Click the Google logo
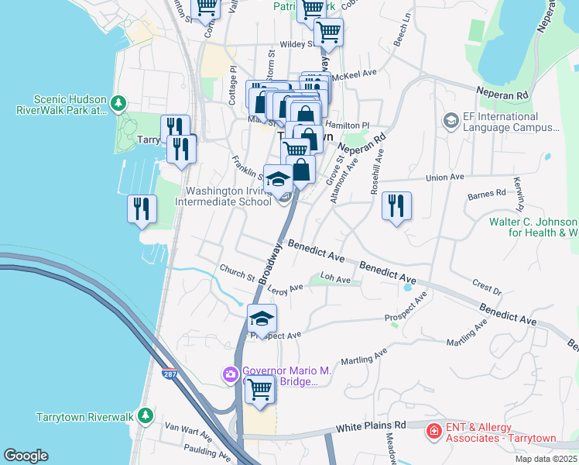[26, 455]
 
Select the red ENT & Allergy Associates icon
[435, 429]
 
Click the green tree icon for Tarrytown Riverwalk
[145, 416]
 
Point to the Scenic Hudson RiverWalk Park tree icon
[118, 103]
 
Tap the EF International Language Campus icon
[450, 120]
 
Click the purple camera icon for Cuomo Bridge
[231, 375]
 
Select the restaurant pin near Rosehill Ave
[396, 205]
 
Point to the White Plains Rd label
[371, 427]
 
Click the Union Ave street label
[446, 177]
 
